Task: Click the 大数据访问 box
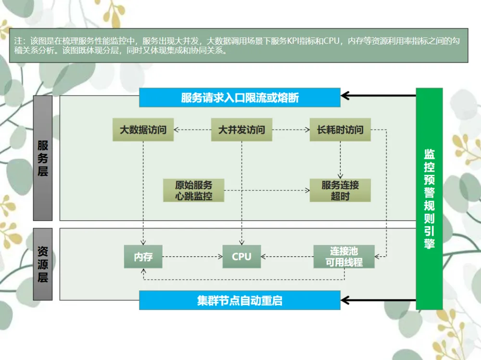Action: click(x=143, y=130)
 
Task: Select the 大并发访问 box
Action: click(x=241, y=130)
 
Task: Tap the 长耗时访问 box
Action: click(x=340, y=130)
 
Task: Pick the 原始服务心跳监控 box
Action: click(x=194, y=190)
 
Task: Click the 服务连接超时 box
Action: click(x=340, y=190)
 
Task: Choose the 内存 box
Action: click(x=143, y=257)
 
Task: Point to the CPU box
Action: click(x=241, y=257)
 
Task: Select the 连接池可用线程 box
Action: click(x=343, y=257)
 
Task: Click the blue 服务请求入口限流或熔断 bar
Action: click(x=240, y=98)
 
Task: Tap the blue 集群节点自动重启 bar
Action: click(x=240, y=301)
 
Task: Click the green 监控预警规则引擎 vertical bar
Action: click(x=429, y=199)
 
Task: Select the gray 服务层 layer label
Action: click(x=43, y=158)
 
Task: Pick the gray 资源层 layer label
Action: click(x=43, y=264)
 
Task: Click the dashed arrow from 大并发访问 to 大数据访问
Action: click(x=192, y=129)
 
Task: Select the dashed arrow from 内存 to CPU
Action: click(x=192, y=257)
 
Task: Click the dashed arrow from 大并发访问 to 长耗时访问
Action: click(x=291, y=129)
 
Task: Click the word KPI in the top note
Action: click(x=293, y=41)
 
